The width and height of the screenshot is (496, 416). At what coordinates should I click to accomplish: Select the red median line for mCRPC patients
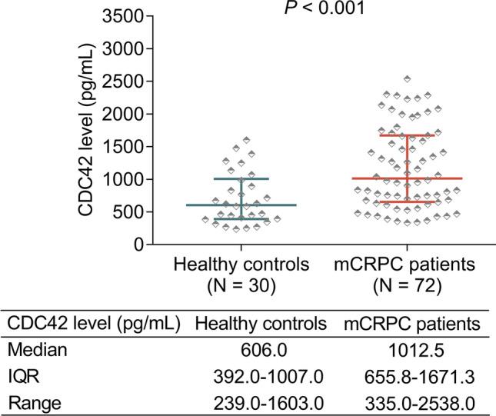(407, 178)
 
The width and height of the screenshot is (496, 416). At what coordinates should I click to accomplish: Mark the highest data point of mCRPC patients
(407, 79)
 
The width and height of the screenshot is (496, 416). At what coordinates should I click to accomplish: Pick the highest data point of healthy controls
(246, 141)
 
